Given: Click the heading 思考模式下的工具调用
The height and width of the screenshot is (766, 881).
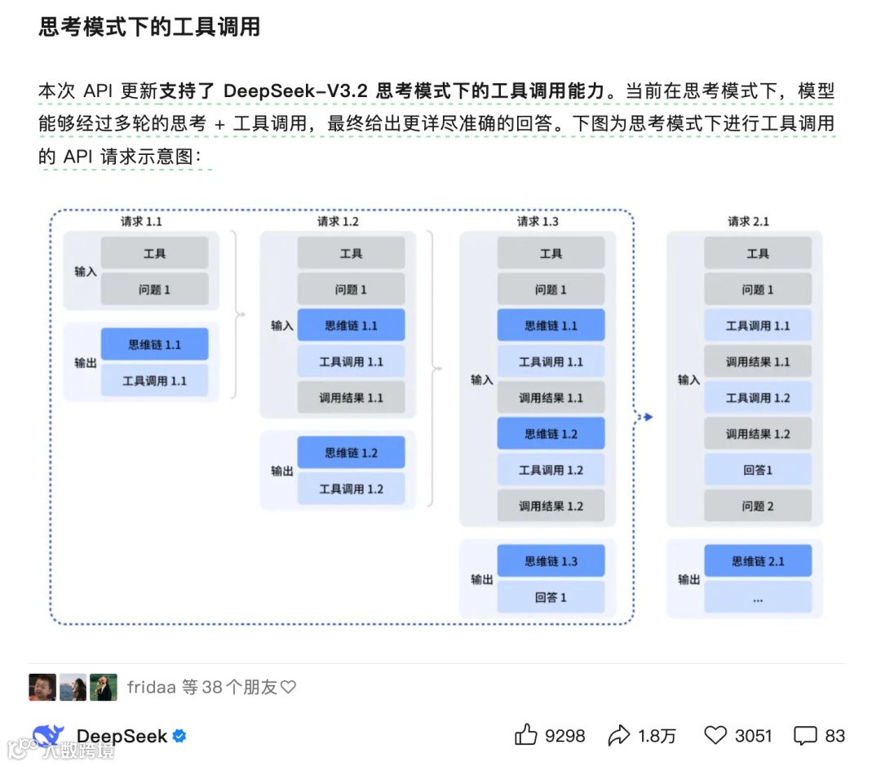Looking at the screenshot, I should [149, 27].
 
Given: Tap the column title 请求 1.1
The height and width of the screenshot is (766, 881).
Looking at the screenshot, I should [141, 221].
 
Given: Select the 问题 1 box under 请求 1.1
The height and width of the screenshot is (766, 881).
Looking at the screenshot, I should [155, 290].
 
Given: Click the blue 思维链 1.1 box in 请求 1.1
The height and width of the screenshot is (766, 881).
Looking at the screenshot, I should [155, 344].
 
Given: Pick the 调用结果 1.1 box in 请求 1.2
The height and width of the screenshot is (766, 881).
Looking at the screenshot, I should [351, 398].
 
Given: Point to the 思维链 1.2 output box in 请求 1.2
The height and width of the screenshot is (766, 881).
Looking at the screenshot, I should [351, 453].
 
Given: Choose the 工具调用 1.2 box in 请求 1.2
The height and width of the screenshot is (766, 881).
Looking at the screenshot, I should [351, 489].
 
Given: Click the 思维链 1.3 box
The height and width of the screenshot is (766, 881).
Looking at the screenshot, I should [551, 561].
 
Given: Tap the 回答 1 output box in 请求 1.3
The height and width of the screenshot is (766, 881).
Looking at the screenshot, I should [551, 597].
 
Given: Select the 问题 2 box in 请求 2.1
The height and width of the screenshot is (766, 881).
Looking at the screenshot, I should [758, 506].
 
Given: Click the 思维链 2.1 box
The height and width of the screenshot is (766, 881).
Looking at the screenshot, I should [758, 561].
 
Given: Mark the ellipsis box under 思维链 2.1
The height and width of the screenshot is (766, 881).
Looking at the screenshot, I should [758, 598].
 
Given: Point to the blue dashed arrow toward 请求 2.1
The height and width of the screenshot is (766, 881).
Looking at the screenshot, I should [645, 417].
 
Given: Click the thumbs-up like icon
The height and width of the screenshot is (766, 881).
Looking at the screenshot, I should [526, 735].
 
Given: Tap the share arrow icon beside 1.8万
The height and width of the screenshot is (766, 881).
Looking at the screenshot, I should [619, 736].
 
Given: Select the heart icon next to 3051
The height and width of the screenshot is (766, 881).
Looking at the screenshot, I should [715, 735].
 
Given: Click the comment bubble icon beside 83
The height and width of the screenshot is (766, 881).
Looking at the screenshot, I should [805, 735].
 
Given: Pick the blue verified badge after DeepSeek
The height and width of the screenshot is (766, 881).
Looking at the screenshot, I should [179, 736].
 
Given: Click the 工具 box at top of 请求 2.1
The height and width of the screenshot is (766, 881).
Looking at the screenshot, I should [758, 254].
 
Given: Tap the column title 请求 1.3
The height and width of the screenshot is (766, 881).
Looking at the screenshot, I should [538, 221].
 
